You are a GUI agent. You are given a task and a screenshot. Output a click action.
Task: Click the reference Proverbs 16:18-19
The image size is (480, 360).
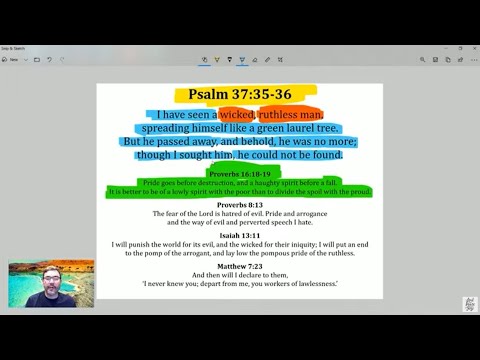(239, 172)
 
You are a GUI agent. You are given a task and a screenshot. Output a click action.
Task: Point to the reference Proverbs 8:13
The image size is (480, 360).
(239, 204)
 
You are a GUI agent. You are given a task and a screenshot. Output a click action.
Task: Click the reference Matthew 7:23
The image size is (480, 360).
(239, 265)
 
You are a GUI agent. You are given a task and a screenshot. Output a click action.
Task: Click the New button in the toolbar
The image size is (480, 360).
(14, 59)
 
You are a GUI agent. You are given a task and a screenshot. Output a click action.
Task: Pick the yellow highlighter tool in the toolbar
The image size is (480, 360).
(241, 59)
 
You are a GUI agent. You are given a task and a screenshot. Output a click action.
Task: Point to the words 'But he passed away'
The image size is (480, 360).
(165, 142)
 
